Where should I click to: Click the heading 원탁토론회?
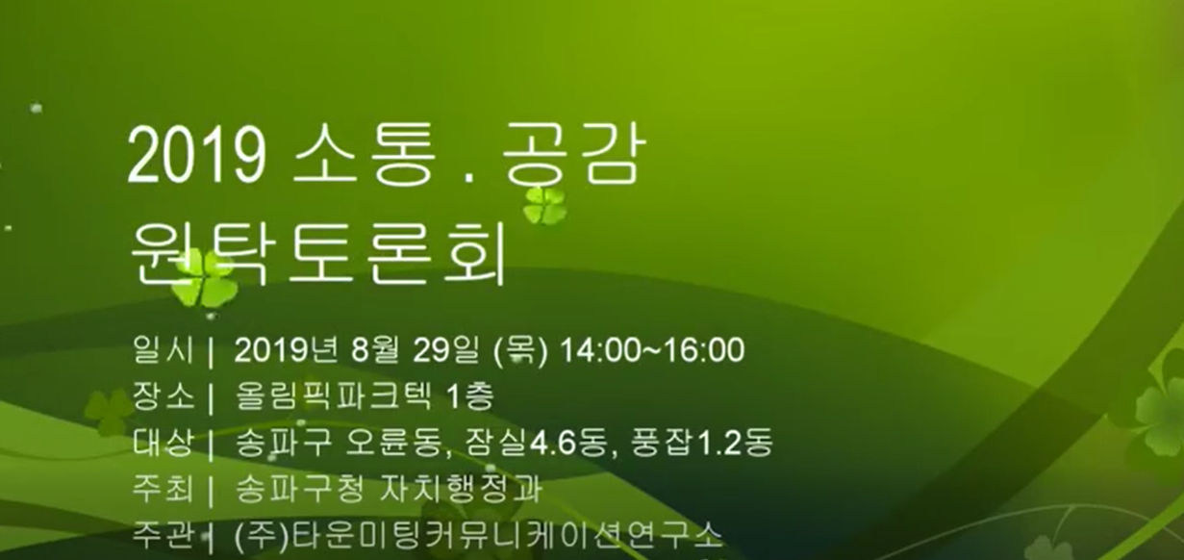point(317,253)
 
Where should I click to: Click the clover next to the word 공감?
point(545,205)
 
